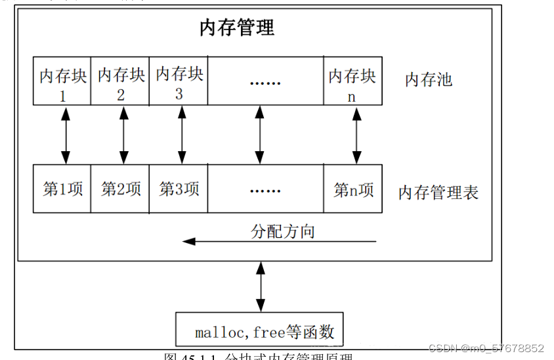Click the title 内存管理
tap(237, 28)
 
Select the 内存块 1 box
tap(62, 81)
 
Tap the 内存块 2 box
tap(121, 81)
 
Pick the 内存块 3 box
tap(179, 81)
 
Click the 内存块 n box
tap(352, 81)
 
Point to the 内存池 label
tap(429, 80)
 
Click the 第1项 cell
tap(62, 189)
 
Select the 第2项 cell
tap(121, 189)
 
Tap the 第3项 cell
tap(179, 189)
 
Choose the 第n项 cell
tap(352, 189)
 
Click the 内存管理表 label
tap(438, 192)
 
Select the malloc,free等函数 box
tap(260, 330)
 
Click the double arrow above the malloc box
tap(261, 286)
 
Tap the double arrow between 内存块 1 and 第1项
tap(65, 135)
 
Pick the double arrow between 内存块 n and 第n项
tap(356, 135)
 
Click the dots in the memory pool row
tap(265, 83)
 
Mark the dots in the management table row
tap(265, 190)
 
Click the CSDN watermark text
tap(486, 348)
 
